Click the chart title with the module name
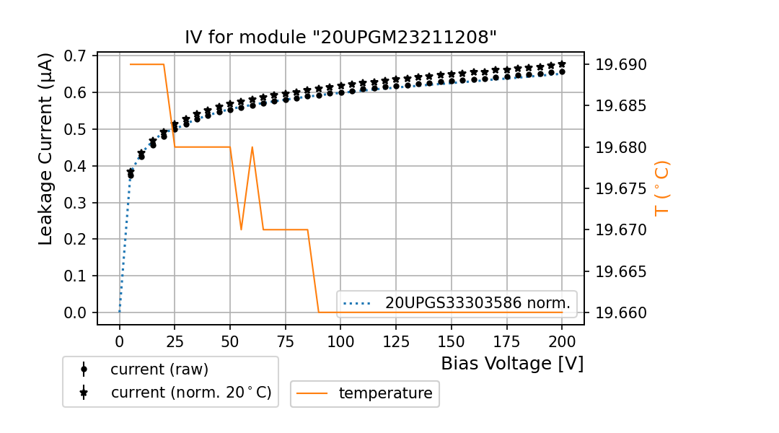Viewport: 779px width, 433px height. tap(340, 38)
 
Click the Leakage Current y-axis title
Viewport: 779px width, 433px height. tap(46, 149)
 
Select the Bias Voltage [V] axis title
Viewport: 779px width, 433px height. tap(512, 363)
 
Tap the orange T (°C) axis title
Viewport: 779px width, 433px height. tap(662, 188)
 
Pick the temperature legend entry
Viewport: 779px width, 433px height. tap(385, 393)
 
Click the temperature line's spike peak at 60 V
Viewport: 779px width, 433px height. tap(252, 147)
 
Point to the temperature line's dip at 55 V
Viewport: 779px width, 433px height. tap(241, 229)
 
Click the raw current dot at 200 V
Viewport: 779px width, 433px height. tap(562, 71)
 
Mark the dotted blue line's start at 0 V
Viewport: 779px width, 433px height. tap(120, 312)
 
